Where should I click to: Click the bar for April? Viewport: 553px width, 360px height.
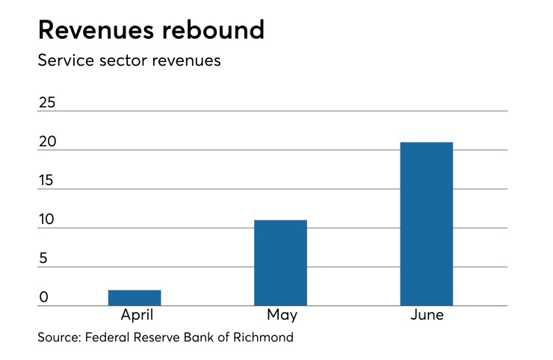(x=135, y=297)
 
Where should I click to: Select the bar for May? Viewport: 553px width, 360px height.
(x=280, y=263)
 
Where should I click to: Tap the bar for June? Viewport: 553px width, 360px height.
(x=426, y=224)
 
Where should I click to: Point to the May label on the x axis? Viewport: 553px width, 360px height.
(x=281, y=315)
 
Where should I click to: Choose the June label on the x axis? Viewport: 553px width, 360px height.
(x=427, y=315)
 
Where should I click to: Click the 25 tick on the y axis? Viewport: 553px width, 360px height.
(x=47, y=103)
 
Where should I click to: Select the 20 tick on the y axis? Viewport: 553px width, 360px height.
(x=47, y=142)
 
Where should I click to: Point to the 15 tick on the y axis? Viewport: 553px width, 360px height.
(x=47, y=181)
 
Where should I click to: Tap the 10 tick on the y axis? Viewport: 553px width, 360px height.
(x=47, y=220)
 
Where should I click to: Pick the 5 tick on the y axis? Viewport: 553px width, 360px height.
(x=43, y=258)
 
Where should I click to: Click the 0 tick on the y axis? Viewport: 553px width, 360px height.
(x=43, y=297)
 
